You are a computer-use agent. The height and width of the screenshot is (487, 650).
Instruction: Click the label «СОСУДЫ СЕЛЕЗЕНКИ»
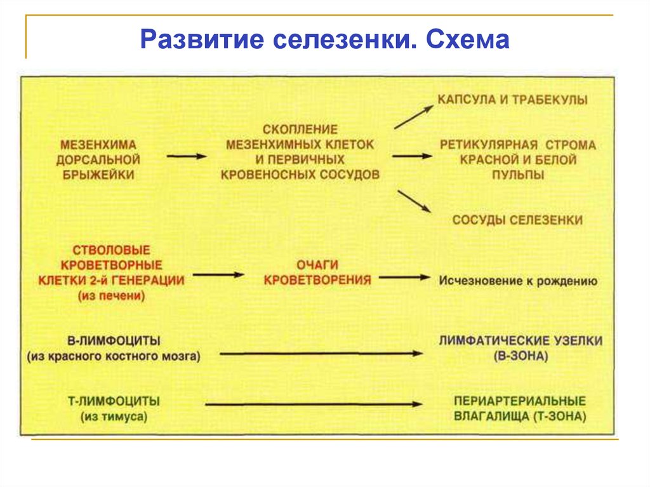(x=517, y=220)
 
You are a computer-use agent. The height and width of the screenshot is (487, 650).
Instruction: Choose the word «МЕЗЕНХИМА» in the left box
(x=98, y=145)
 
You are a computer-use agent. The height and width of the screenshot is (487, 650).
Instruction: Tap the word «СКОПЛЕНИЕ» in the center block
(x=300, y=129)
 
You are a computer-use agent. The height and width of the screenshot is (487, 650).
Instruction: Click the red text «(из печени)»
(x=112, y=295)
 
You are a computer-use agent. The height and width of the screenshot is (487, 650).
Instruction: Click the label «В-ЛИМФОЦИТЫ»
(x=112, y=340)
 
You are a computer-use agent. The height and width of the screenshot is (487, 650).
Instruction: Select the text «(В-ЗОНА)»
(x=520, y=356)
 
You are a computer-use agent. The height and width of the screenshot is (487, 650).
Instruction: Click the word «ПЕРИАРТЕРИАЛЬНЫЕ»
(x=520, y=401)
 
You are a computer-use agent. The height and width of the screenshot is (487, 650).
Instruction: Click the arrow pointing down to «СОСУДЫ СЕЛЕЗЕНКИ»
(x=414, y=201)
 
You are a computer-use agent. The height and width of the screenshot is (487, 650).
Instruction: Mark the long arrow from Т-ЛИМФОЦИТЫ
(x=314, y=404)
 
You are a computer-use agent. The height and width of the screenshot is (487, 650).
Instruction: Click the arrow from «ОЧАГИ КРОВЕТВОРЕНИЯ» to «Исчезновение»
(x=406, y=277)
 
